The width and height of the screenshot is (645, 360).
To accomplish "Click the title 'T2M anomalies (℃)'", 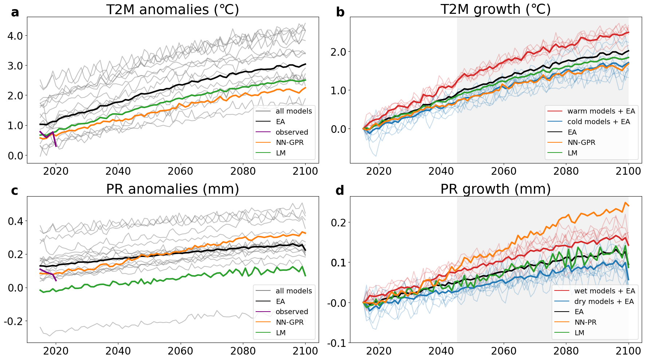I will point(173,9).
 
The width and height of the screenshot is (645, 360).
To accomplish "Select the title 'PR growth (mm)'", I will point(495,189).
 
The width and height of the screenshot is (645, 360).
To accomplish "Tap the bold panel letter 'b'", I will point(340,12).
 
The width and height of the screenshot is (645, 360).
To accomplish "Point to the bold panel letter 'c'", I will point(15,191).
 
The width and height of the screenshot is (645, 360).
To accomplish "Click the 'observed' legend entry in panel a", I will point(291,132).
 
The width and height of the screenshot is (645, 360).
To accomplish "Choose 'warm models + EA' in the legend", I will point(601,111).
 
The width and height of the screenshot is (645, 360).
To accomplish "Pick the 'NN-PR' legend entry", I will point(585,322).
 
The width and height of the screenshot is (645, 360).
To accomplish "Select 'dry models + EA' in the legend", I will point(604,301).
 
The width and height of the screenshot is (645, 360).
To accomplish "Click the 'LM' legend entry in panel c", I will point(280,333).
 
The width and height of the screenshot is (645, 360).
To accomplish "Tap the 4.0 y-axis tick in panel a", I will point(15,36).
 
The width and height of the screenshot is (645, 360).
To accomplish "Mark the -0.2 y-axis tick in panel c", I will point(13,321).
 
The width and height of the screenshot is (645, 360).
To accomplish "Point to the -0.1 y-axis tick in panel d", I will point(337,343).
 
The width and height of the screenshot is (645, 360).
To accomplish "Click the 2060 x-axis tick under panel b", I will point(504,171).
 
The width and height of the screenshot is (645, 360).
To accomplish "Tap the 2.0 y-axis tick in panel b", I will point(338,52).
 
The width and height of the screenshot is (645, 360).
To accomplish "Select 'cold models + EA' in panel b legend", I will point(598,122).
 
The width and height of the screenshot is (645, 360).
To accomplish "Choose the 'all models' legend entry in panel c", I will point(294,291).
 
